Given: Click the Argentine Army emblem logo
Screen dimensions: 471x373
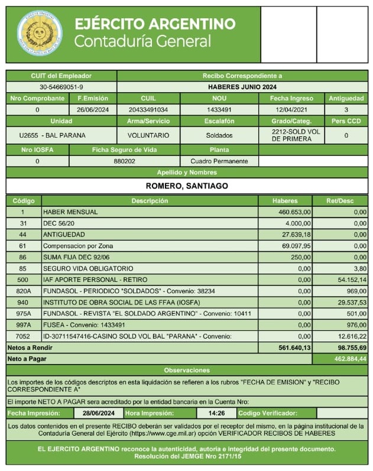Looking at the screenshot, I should [x=40, y=33].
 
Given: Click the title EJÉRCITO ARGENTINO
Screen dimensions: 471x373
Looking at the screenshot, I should [x=155, y=24].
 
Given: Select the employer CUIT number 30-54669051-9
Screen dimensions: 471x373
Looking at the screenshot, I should [x=61, y=87].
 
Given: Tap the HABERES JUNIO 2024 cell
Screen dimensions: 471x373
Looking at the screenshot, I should [x=242, y=87].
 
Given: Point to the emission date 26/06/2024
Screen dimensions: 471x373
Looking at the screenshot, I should [x=93, y=110].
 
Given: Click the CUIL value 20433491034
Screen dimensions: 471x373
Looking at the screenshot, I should [x=148, y=110].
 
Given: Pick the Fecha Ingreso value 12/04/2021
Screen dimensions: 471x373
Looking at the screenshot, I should [x=291, y=110].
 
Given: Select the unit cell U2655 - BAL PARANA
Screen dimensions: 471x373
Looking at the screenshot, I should [x=61, y=135].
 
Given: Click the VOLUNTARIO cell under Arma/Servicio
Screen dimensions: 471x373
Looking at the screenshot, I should [x=148, y=135].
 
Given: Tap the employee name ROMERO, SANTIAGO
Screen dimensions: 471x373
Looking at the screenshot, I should [x=186, y=186].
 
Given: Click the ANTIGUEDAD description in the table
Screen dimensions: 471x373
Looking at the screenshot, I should [x=60, y=235].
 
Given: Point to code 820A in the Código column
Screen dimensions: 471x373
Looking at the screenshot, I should [x=23, y=291].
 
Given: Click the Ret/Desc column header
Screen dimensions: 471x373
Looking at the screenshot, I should [x=346, y=201].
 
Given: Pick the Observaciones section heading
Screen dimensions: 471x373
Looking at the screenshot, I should [x=186, y=370].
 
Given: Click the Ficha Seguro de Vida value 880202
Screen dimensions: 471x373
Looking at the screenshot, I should [x=124, y=161].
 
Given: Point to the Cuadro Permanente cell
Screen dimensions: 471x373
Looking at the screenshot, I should [x=219, y=161].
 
